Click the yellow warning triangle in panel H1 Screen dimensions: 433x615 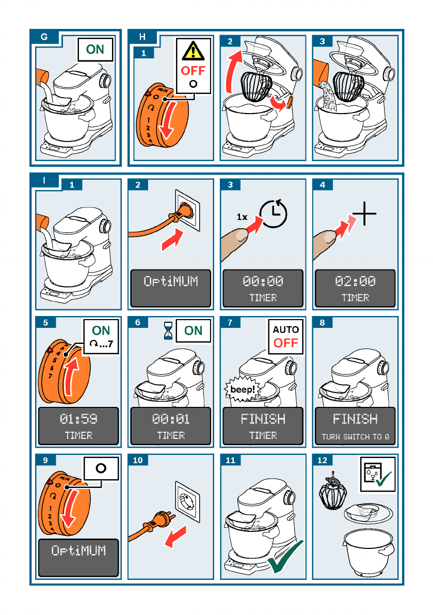click(x=193, y=51)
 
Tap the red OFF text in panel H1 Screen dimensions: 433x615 click(x=193, y=71)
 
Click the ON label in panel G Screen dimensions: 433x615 click(x=95, y=50)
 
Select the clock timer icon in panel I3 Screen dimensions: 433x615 click(x=274, y=214)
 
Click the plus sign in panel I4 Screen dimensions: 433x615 click(x=364, y=214)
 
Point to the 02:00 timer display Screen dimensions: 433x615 click(x=355, y=281)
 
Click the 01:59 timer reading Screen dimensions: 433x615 click(x=78, y=419)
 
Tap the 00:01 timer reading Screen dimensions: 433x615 click(x=171, y=419)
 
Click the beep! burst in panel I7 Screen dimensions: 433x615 click(x=242, y=389)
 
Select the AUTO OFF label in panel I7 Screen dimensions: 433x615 click(x=286, y=337)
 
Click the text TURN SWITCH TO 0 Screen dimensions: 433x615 click(x=355, y=436)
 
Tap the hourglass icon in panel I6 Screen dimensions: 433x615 click(x=168, y=330)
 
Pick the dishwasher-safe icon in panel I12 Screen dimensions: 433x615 click(x=378, y=474)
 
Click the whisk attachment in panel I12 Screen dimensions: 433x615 click(x=333, y=492)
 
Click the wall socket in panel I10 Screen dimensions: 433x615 click(x=187, y=501)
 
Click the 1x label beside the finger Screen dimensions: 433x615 click(x=242, y=216)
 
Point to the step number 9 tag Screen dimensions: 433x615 click(x=45, y=460)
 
